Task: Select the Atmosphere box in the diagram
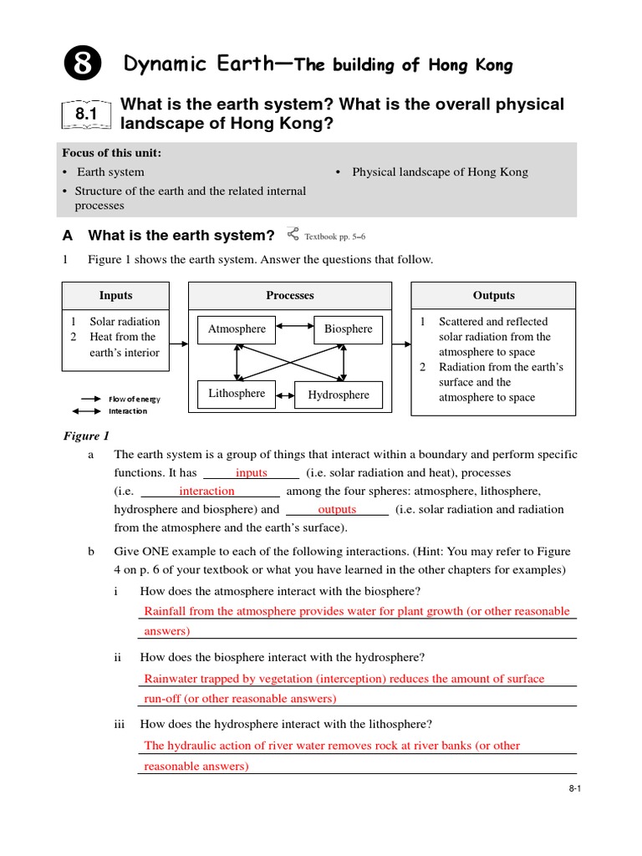click(x=237, y=329)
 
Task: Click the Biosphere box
click(x=349, y=329)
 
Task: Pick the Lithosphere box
click(x=237, y=394)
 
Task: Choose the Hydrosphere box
click(x=339, y=395)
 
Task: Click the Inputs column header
click(x=115, y=296)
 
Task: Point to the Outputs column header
click(x=493, y=296)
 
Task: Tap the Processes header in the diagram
click(x=290, y=296)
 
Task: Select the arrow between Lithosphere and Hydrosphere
click(x=285, y=395)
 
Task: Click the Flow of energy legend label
click(x=134, y=400)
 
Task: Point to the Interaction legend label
click(x=128, y=411)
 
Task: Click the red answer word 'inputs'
click(x=252, y=473)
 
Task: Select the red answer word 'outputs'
click(x=337, y=510)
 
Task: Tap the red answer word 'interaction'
click(x=206, y=492)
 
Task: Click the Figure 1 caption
click(x=87, y=436)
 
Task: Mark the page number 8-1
click(x=573, y=787)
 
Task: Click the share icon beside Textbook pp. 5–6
click(x=292, y=234)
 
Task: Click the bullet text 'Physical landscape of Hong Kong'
click(x=440, y=172)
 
